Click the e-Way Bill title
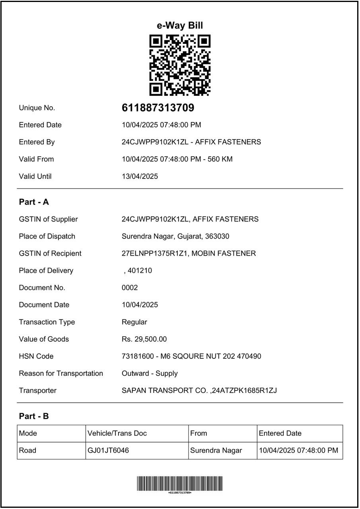pyautogui.click(x=180, y=25)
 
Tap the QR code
pyautogui.click(x=180, y=65)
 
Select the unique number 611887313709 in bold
pyautogui.click(x=158, y=108)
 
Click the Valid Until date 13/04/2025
pyautogui.click(x=140, y=176)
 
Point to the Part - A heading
pyautogui.click(x=34, y=202)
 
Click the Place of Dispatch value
pyautogui.click(x=175, y=236)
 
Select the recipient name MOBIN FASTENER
pyautogui.click(x=224, y=253)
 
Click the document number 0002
pyautogui.click(x=130, y=288)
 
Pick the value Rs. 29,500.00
pyautogui.click(x=144, y=339)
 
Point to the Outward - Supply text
pyautogui.click(x=150, y=373)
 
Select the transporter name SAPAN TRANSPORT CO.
pyautogui.click(x=165, y=390)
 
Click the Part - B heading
pyautogui.click(x=34, y=416)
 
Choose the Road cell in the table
pyautogui.click(x=27, y=451)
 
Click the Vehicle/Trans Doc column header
pyautogui.click(x=117, y=433)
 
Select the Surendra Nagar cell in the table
pyautogui.click(x=216, y=451)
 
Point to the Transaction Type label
pyautogui.click(x=47, y=322)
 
